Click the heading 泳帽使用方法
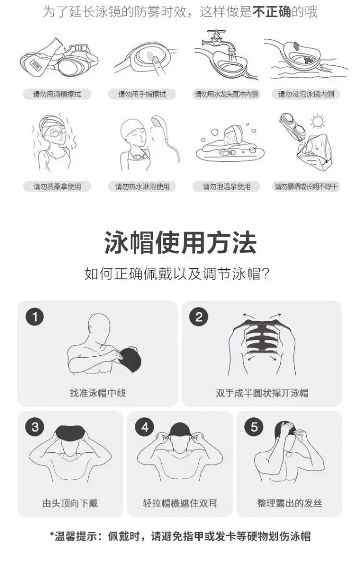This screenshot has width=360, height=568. click(180, 242)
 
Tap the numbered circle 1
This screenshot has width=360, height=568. click(35, 317)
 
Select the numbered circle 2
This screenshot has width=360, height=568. click(199, 317)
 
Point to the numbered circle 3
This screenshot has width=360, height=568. click(35, 427)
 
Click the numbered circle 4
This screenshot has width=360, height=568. click(144, 427)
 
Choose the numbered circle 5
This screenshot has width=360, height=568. click(254, 427)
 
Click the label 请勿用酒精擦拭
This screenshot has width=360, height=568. click(57, 94)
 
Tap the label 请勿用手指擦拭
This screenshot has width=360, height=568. click(142, 94)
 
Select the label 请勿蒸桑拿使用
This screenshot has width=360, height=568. click(57, 187)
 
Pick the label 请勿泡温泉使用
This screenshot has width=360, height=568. click(227, 187)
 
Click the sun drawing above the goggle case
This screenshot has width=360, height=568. click(318, 122)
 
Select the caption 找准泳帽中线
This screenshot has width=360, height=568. click(98, 393)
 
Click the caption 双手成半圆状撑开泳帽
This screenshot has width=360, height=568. click(262, 393)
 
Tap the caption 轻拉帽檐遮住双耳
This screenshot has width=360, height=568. click(180, 503)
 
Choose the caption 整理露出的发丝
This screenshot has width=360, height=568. click(289, 503)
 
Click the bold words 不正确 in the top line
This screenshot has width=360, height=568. click(272, 12)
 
